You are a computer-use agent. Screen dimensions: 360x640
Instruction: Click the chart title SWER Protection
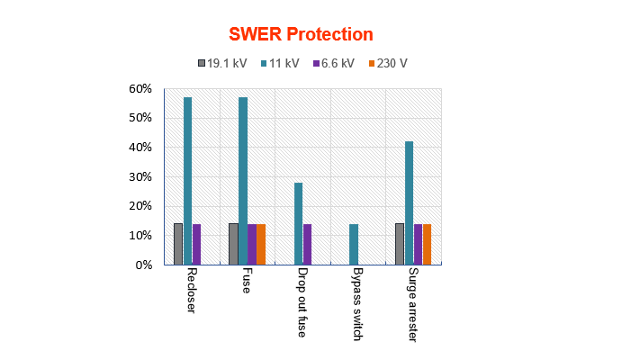pyautogui.click(x=301, y=35)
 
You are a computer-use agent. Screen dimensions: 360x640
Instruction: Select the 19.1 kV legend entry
pyautogui.click(x=221, y=64)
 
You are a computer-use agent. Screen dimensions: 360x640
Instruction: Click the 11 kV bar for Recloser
pyautogui.click(x=187, y=181)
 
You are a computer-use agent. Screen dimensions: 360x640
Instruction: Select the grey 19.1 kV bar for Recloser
pyautogui.click(x=178, y=244)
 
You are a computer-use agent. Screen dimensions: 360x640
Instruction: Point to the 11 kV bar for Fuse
pyautogui.click(x=243, y=181)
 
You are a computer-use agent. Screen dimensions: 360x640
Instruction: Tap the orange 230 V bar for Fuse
pyautogui.click(x=261, y=244)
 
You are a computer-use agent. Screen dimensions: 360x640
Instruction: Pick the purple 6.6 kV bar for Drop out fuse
pyautogui.click(x=307, y=244)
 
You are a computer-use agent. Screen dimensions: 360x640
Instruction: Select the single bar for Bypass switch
pyautogui.click(x=354, y=244)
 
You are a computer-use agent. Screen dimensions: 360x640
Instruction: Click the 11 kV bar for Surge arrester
pyautogui.click(x=409, y=202)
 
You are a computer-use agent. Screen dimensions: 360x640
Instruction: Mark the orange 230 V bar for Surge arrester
pyautogui.click(x=428, y=244)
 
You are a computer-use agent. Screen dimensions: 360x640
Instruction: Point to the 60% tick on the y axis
pyautogui.click(x=140, y=89)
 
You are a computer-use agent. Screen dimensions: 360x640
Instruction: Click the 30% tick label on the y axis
pyautogui.click(x=140, y=177)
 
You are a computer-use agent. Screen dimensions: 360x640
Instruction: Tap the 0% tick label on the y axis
pyautogui.click(x=144, y=265)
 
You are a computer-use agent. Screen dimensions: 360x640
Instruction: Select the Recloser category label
pyautogui.click(x=192, y=290)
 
